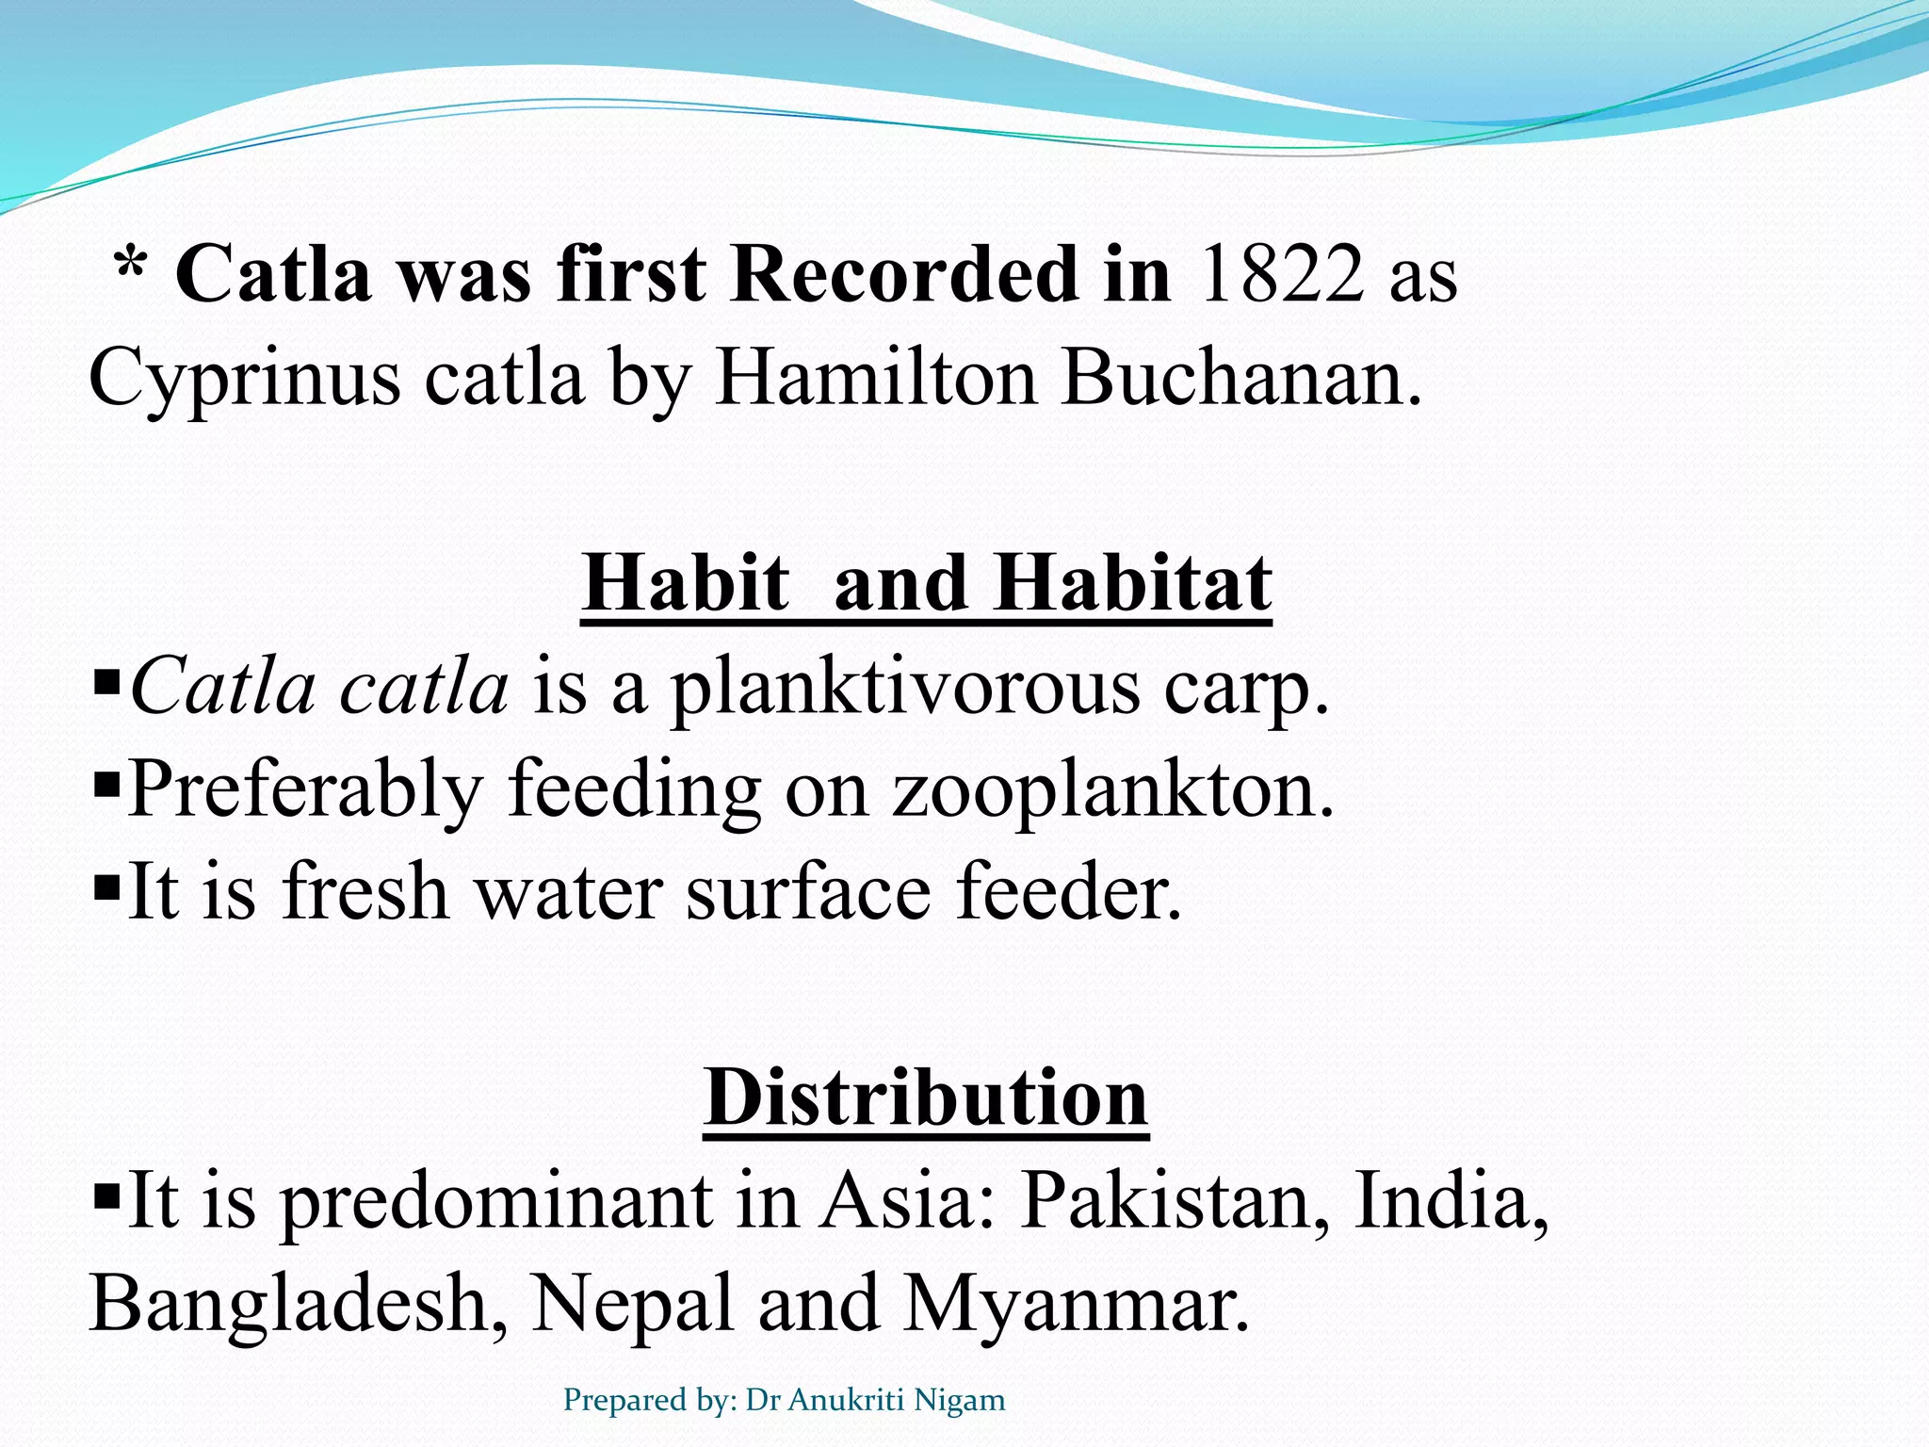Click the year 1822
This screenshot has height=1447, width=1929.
point(1281,274)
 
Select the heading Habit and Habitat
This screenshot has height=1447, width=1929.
point(927,584)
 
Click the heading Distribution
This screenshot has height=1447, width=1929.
point(926,1098)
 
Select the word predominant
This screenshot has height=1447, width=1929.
point(496,1201)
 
